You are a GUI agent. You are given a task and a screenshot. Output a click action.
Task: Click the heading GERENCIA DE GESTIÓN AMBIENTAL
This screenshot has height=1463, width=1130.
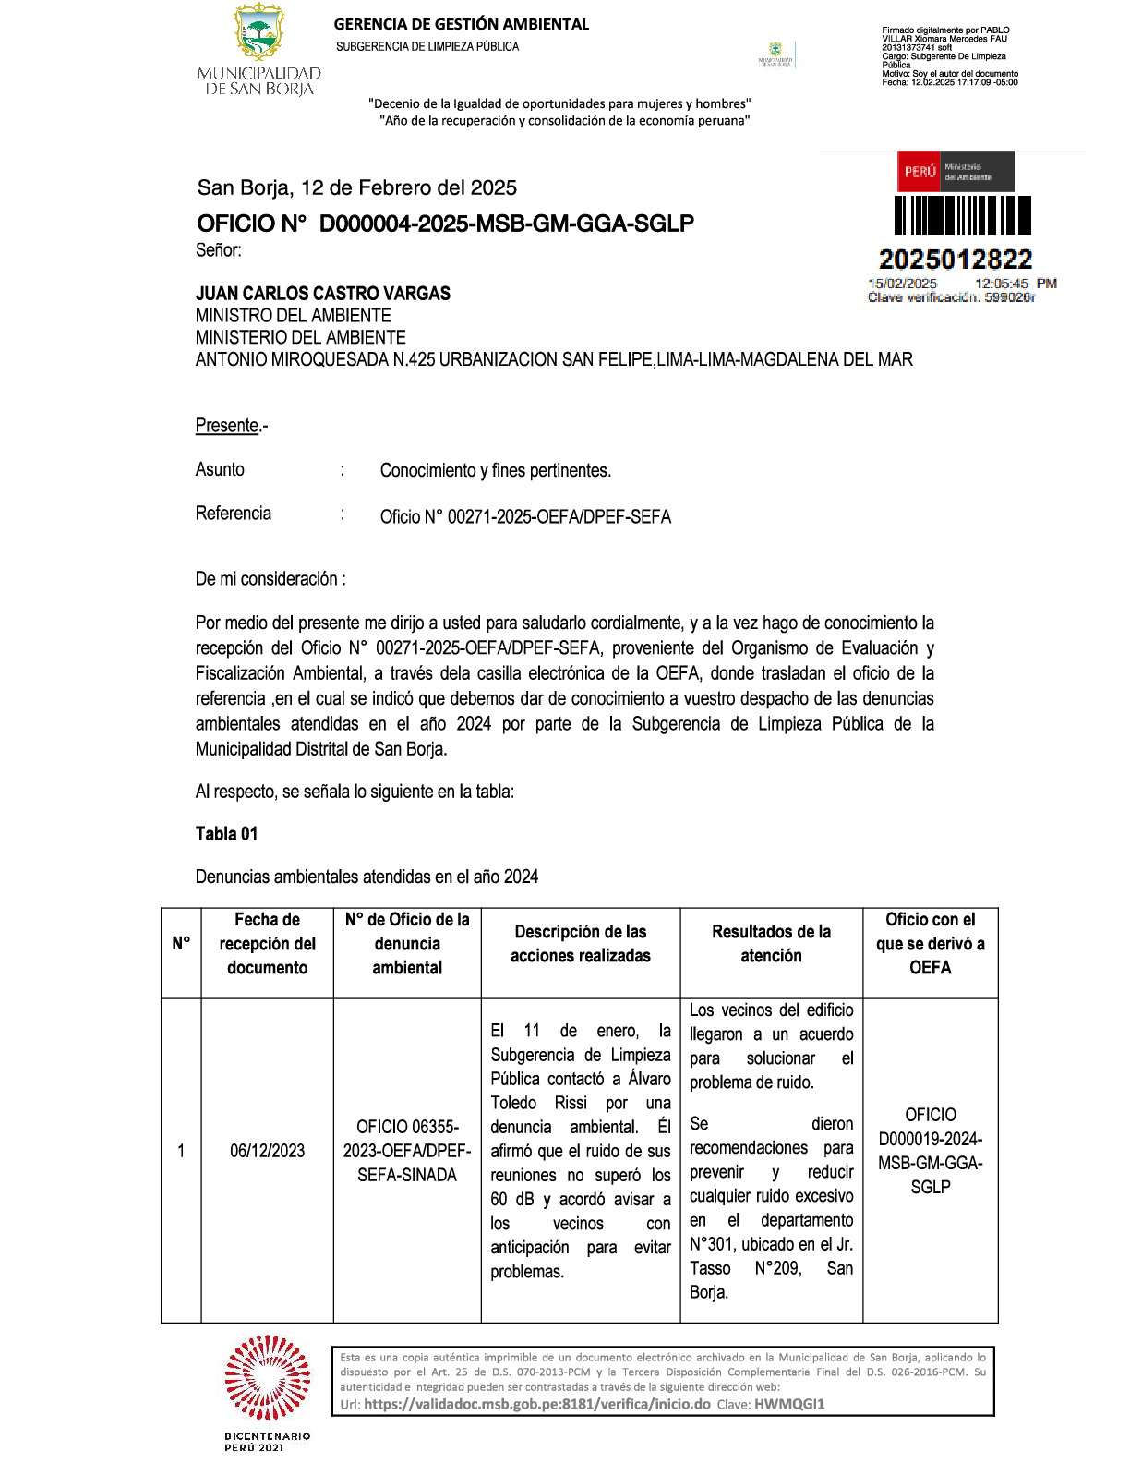point(461,24)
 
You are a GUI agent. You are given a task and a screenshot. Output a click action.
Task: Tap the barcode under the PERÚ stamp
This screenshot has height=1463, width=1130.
point(963,216)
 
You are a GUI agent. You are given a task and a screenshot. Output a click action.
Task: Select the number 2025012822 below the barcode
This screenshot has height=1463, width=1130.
point(956,260)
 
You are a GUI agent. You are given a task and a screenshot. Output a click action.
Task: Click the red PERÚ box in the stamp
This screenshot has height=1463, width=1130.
point(920,172)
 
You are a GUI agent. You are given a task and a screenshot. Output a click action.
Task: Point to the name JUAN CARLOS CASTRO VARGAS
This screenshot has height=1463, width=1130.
point(323,294)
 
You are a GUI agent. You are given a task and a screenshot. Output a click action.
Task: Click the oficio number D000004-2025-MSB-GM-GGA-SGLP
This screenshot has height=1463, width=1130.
point(506,224)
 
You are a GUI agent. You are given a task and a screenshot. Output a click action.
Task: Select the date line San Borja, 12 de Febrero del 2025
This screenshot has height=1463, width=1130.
point(356,188)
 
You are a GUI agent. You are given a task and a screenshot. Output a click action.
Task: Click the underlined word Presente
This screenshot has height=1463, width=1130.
point(227,426)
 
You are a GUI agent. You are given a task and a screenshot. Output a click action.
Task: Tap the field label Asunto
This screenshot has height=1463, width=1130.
point(220,470)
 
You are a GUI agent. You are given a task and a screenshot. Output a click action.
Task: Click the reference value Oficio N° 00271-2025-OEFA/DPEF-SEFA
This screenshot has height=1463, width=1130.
point(525,517)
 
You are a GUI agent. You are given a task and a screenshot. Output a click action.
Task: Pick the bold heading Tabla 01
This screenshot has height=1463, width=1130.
point(226,834)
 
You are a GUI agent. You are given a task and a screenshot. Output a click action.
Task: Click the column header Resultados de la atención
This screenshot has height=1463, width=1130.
point(771,944)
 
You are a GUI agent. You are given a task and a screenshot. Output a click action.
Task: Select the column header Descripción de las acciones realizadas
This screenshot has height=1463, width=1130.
point(581,944)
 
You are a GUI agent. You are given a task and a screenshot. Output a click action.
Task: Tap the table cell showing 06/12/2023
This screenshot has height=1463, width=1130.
point(267,1151)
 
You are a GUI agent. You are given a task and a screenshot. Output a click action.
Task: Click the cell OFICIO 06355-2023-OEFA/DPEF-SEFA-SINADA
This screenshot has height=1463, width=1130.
point(407,1151)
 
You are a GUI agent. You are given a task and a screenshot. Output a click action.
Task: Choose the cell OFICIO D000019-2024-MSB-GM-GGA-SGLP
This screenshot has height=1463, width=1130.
point(930,1151)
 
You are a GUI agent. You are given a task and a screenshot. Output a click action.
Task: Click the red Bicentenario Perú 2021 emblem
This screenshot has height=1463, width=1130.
point(268,1380)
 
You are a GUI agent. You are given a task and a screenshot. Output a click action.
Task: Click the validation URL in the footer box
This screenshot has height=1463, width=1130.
point(536,1405)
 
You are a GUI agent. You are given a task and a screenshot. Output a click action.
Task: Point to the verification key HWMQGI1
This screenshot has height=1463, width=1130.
point(789,1405)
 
